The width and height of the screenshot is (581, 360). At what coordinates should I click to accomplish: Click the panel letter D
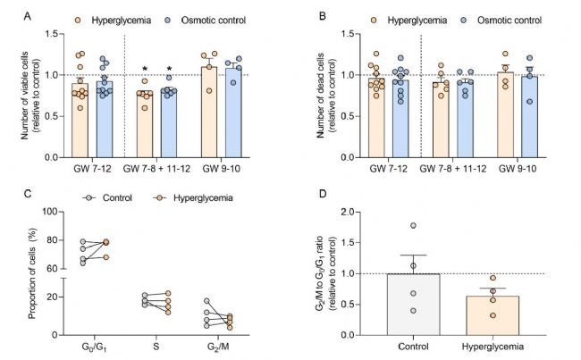315,192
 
